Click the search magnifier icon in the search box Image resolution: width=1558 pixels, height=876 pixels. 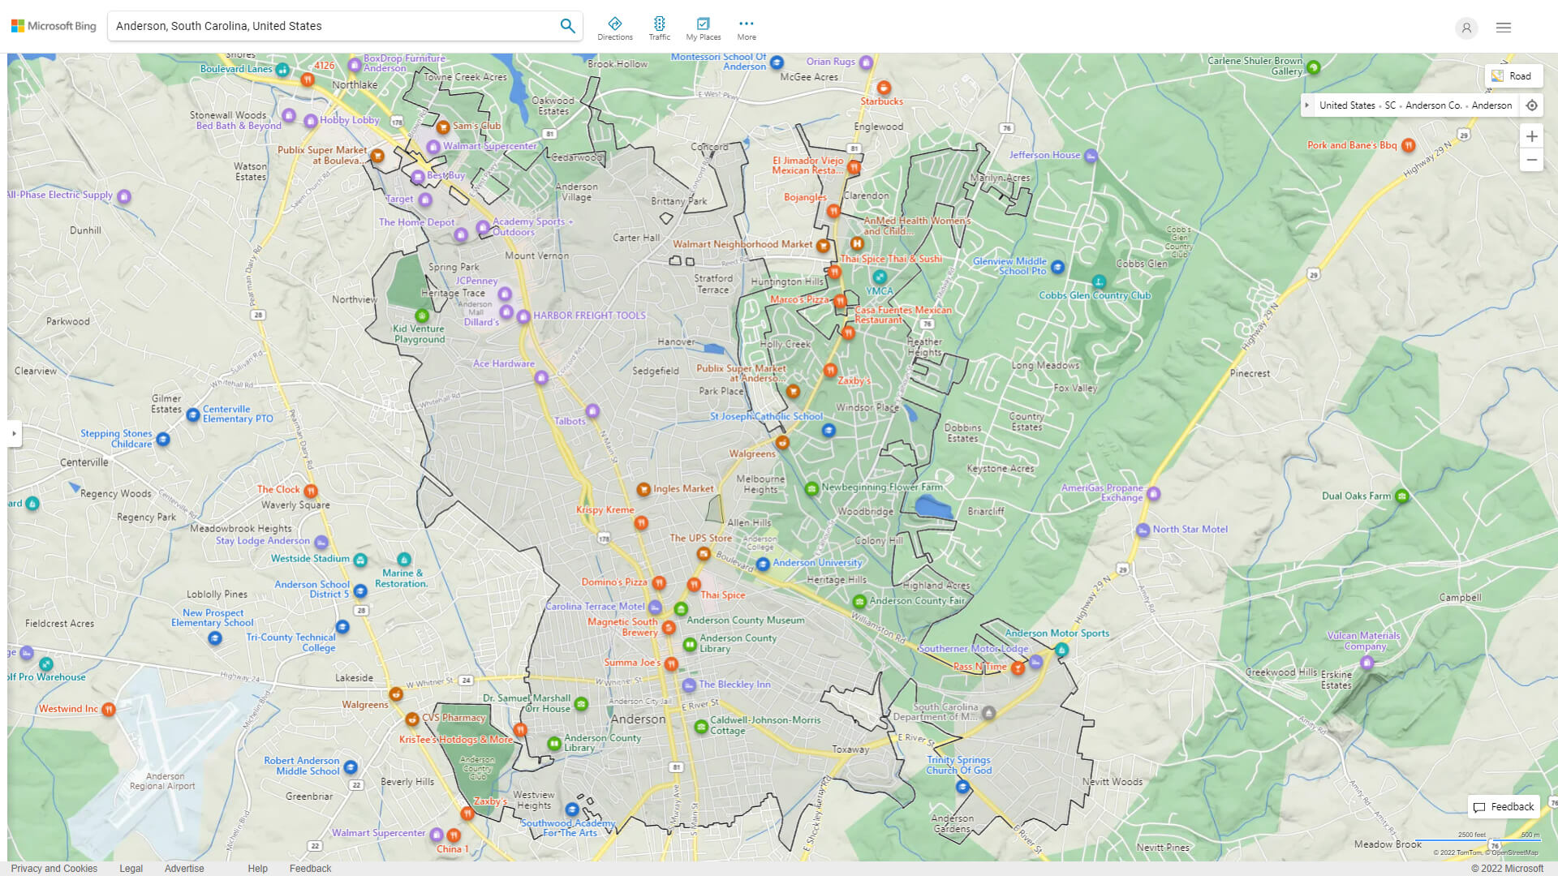pyautogui.click(x=567, y=26)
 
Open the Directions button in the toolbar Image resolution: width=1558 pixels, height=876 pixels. pyautogui.click(x=614, y=28)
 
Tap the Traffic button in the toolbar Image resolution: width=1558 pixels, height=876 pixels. pyautogui.click(x=659, y=28)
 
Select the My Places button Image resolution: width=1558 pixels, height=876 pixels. pyautogui.click(x=703, y=28)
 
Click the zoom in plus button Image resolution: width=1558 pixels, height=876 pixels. pyautogui.click(x=1531, y=136)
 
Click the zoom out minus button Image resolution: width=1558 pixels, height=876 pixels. pyautogui.click(x=1531, y=161)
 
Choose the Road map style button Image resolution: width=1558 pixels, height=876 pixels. pyautogui.click(x=1513, y=76)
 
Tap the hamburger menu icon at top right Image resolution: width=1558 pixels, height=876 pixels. pyautogui.click(x=1504, y=28)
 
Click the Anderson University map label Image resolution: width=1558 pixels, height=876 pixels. pyautogui.click(x=816, y=563)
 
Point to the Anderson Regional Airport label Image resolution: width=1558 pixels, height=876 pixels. pyautogui.click(x=162, y=781)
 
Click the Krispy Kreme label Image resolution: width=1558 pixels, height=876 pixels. pyautogui.click(x=605, y=510)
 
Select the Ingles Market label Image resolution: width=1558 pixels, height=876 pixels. pyautogui.click(x=683, y=489)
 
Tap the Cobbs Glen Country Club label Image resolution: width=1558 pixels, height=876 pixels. pyautogui.click(x=1095, y=295)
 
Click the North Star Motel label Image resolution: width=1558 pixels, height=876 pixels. pyautogui.click(x=1190, y=530)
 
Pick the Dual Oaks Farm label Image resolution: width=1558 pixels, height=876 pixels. pyautogui.click(x=1356, y=496)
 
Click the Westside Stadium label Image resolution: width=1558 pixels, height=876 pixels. pyautogui.click(x=310, y=559)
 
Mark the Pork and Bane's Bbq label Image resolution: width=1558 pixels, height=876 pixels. pyautogui.click(x=1352, y=146)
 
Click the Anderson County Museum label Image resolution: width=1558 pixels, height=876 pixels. pyautogui.click(x=745, y=620)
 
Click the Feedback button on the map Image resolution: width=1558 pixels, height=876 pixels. pyautogui.click(x=1504, y=807)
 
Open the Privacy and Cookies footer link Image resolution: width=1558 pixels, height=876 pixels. pyautogui.click(x=54, y=869)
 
